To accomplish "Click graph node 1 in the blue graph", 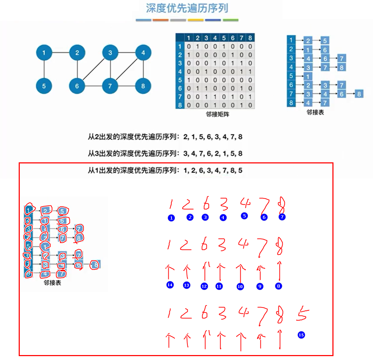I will pyautogui.click(x=44, y=53).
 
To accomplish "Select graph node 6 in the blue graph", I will pyautogui.click(x=77, y=86).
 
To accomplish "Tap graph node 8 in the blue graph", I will pyautogui.click(x=143, y=86).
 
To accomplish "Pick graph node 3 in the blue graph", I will pyautogui.click(x=110, y=53).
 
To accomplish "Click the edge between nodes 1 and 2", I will pyautogui.click(x=60, y=53).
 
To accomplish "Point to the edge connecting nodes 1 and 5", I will pyautogui.click(x=44, y=70).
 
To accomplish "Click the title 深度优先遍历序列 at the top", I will pyautogui.click(x=187, y=8).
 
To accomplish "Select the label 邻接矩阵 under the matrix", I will pyautogui.click(x=215, y=114).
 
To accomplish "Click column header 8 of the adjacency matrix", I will pyautogui.click(x=250, y=38).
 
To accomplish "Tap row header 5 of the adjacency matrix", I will pyautogui.click(x=180, y=80).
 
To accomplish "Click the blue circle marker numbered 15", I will pyautogui.click(x=301, y=335).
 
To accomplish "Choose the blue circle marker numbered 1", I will pyautogui.click(x=171, y=218).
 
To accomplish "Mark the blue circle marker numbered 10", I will pyautogui.click(x=240, y=287).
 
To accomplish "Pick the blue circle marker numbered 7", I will pyautogui.click(x=282, y=217).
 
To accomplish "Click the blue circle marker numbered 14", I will pyautogui.click(x=170, y=285).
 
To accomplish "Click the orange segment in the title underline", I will pyautogui.click(x=161, y=20).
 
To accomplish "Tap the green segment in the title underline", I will pyautogui.click(x=230, y=20).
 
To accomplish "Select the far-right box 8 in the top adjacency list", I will pyautogui.click(x=359, y=94).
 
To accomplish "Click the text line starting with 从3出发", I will pyautogui.click(x=165, y=154).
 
